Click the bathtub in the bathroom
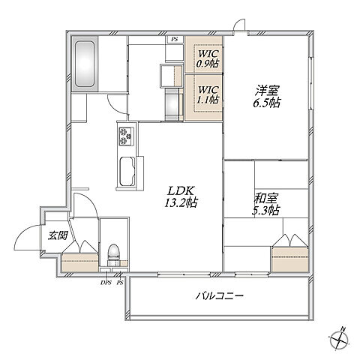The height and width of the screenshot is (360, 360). (x=85, y=64)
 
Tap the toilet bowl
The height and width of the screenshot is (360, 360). (x=114, y=252)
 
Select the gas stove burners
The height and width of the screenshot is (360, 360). (x=126, y=136)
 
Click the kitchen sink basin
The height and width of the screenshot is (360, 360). (x=127, y=172)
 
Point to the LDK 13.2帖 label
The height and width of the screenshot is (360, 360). (x=181, y=196)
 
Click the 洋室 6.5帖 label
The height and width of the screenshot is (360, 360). (x=267, y=97)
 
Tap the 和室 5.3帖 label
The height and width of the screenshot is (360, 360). (x=265, y=205)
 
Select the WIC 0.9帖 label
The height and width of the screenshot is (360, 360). (x=207, y=58)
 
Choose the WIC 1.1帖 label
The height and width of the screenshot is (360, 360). (x=208, y=95)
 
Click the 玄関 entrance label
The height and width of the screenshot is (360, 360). (x=58, y=235)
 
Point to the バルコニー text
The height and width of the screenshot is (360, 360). (x=219, y=296)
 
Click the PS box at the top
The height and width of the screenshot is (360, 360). (x=175, y=39)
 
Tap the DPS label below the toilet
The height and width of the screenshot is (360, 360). (x=106, y=283)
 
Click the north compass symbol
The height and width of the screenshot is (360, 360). (x=339, y=340)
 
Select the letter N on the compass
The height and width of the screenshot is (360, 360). (x=343, y=329)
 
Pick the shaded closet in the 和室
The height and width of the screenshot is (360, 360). (x=289, y=259)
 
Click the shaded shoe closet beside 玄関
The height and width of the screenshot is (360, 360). (x=80, y=262)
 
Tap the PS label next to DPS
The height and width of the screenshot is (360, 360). (x=120, y=283)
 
